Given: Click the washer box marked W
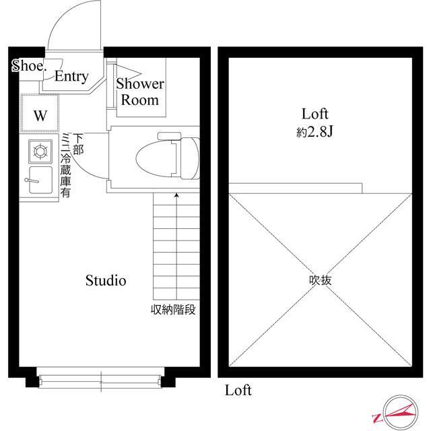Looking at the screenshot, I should pyautogui.click(x=40, y=115).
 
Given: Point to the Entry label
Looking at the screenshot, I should pyautogui.click(x=71, y=77).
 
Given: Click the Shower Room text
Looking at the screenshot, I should pyautogui.click(x=140, y=92).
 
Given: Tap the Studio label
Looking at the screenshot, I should pyautogui.click(x=105, y=281).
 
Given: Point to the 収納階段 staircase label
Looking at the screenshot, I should pyautogui.click(x=173, y=311).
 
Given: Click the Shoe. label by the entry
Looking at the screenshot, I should pyautogui.click(x=28, y=66).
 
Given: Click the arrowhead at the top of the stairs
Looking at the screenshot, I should pyautogui.click(x=177, y=195).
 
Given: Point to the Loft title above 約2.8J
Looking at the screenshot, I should pyautogui.click(x=314, y=114).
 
